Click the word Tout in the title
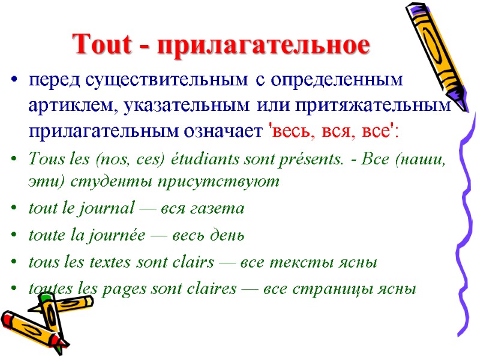(96, 44)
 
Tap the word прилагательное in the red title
(263, 46)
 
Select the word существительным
(166, 80)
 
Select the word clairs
(197, 262)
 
